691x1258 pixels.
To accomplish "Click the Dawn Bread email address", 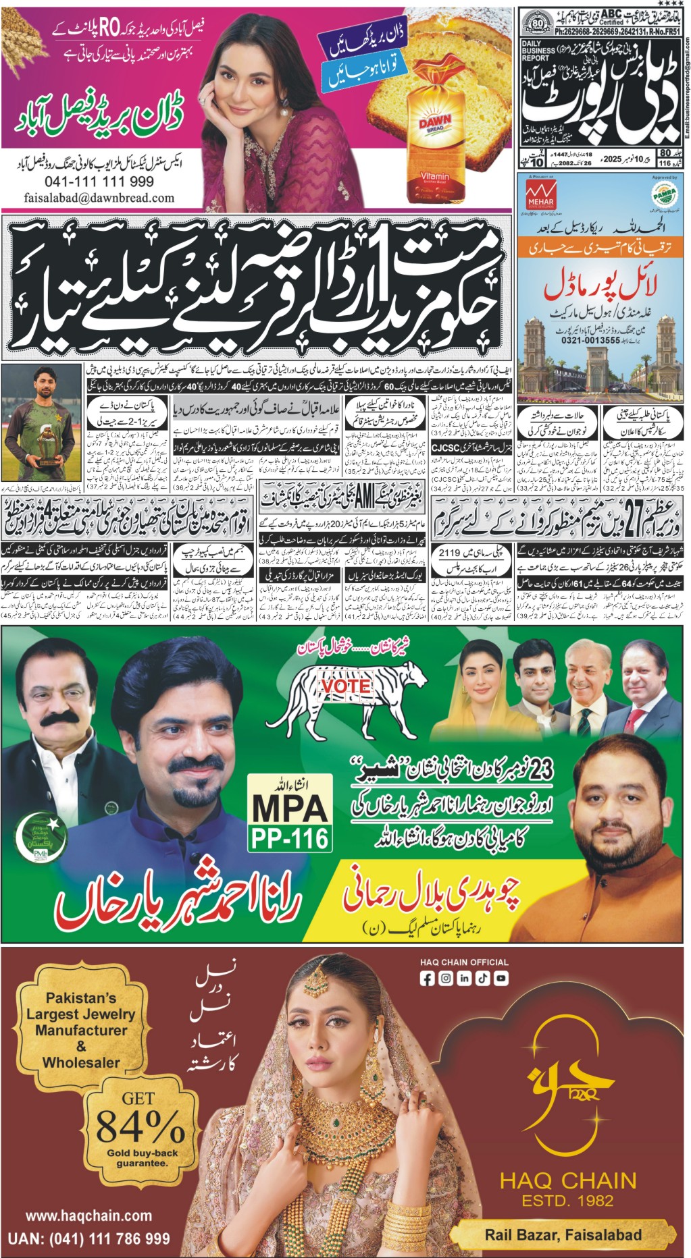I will point(99,198).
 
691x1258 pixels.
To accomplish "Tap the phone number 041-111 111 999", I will point(99,182).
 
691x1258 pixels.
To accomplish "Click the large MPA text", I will point(290,807).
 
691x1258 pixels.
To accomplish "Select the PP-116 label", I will point(290,838).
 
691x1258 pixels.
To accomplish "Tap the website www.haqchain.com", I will point(88,1215).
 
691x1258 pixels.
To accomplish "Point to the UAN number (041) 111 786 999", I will point(88,1239).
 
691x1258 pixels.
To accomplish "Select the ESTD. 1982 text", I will point(567,1201).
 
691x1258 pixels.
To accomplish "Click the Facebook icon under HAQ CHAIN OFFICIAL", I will point(428,979).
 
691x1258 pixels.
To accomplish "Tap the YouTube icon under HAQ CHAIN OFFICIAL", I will point(501,979).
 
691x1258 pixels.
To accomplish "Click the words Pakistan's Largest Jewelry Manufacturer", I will point(81,1014).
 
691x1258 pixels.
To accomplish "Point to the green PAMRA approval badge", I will point(664,194).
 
